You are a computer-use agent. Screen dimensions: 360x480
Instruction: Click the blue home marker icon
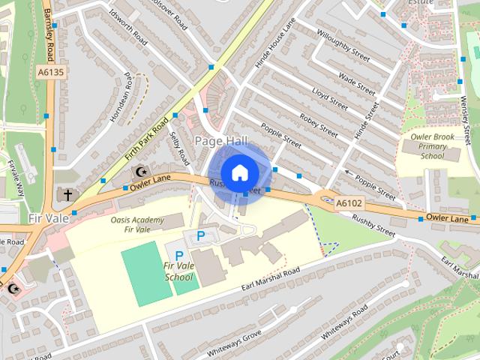coord(238,172)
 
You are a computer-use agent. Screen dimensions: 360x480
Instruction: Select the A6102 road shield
coord(349,202)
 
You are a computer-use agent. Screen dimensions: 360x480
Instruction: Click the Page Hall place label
coord(216,141)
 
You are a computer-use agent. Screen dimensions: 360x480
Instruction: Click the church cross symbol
coord(67,195)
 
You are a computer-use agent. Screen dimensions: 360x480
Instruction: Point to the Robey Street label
coord(318,121)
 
